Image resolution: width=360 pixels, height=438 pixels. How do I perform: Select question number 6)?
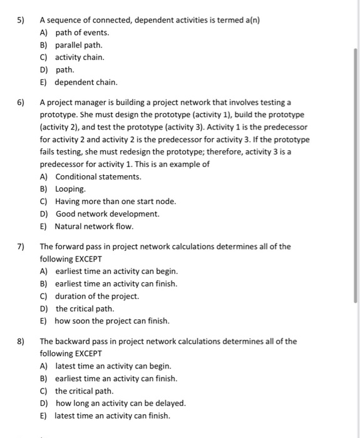point(20,102)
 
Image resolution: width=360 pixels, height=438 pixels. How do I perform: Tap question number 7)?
point(20,247)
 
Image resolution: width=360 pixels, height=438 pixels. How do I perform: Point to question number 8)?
point(20,342)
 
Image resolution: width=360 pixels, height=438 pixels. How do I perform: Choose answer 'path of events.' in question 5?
point(82,32)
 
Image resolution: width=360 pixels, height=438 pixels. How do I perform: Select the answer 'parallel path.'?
point(79,44)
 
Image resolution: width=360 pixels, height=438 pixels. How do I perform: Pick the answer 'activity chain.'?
point(80,57)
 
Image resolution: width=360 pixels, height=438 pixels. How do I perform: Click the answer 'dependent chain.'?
point(86,82)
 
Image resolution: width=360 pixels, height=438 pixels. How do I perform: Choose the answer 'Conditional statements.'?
point(98,176)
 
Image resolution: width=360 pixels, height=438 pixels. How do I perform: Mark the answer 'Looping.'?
point(71,189)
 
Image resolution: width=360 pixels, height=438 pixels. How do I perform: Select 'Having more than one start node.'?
point(116,201)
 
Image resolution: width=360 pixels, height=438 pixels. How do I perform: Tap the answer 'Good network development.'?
point(107,214)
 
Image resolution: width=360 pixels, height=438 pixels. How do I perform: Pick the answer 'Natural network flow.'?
point(94,227)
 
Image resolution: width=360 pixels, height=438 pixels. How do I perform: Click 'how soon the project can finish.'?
point(112,321)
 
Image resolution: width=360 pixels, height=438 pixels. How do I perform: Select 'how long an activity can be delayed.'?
point(121,404)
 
